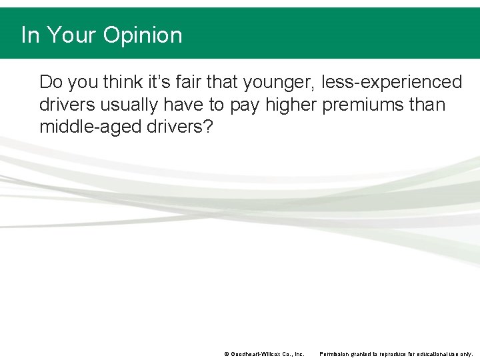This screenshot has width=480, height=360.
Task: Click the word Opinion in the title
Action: click(142, 35)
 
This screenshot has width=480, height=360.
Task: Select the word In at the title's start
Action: click(30, 35)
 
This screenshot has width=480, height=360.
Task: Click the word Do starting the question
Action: click(51, 82)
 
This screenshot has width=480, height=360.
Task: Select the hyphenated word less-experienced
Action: click(391, 82)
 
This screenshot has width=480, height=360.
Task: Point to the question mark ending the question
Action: click(207, 127)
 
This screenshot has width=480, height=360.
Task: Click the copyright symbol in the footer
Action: click(227, 354)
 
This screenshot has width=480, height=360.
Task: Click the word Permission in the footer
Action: click(333, 354)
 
